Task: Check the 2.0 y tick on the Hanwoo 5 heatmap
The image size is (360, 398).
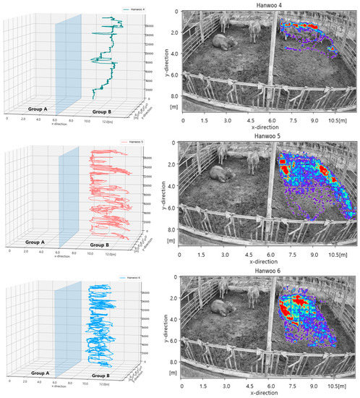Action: pyautogui.click(x=173, y=164)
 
